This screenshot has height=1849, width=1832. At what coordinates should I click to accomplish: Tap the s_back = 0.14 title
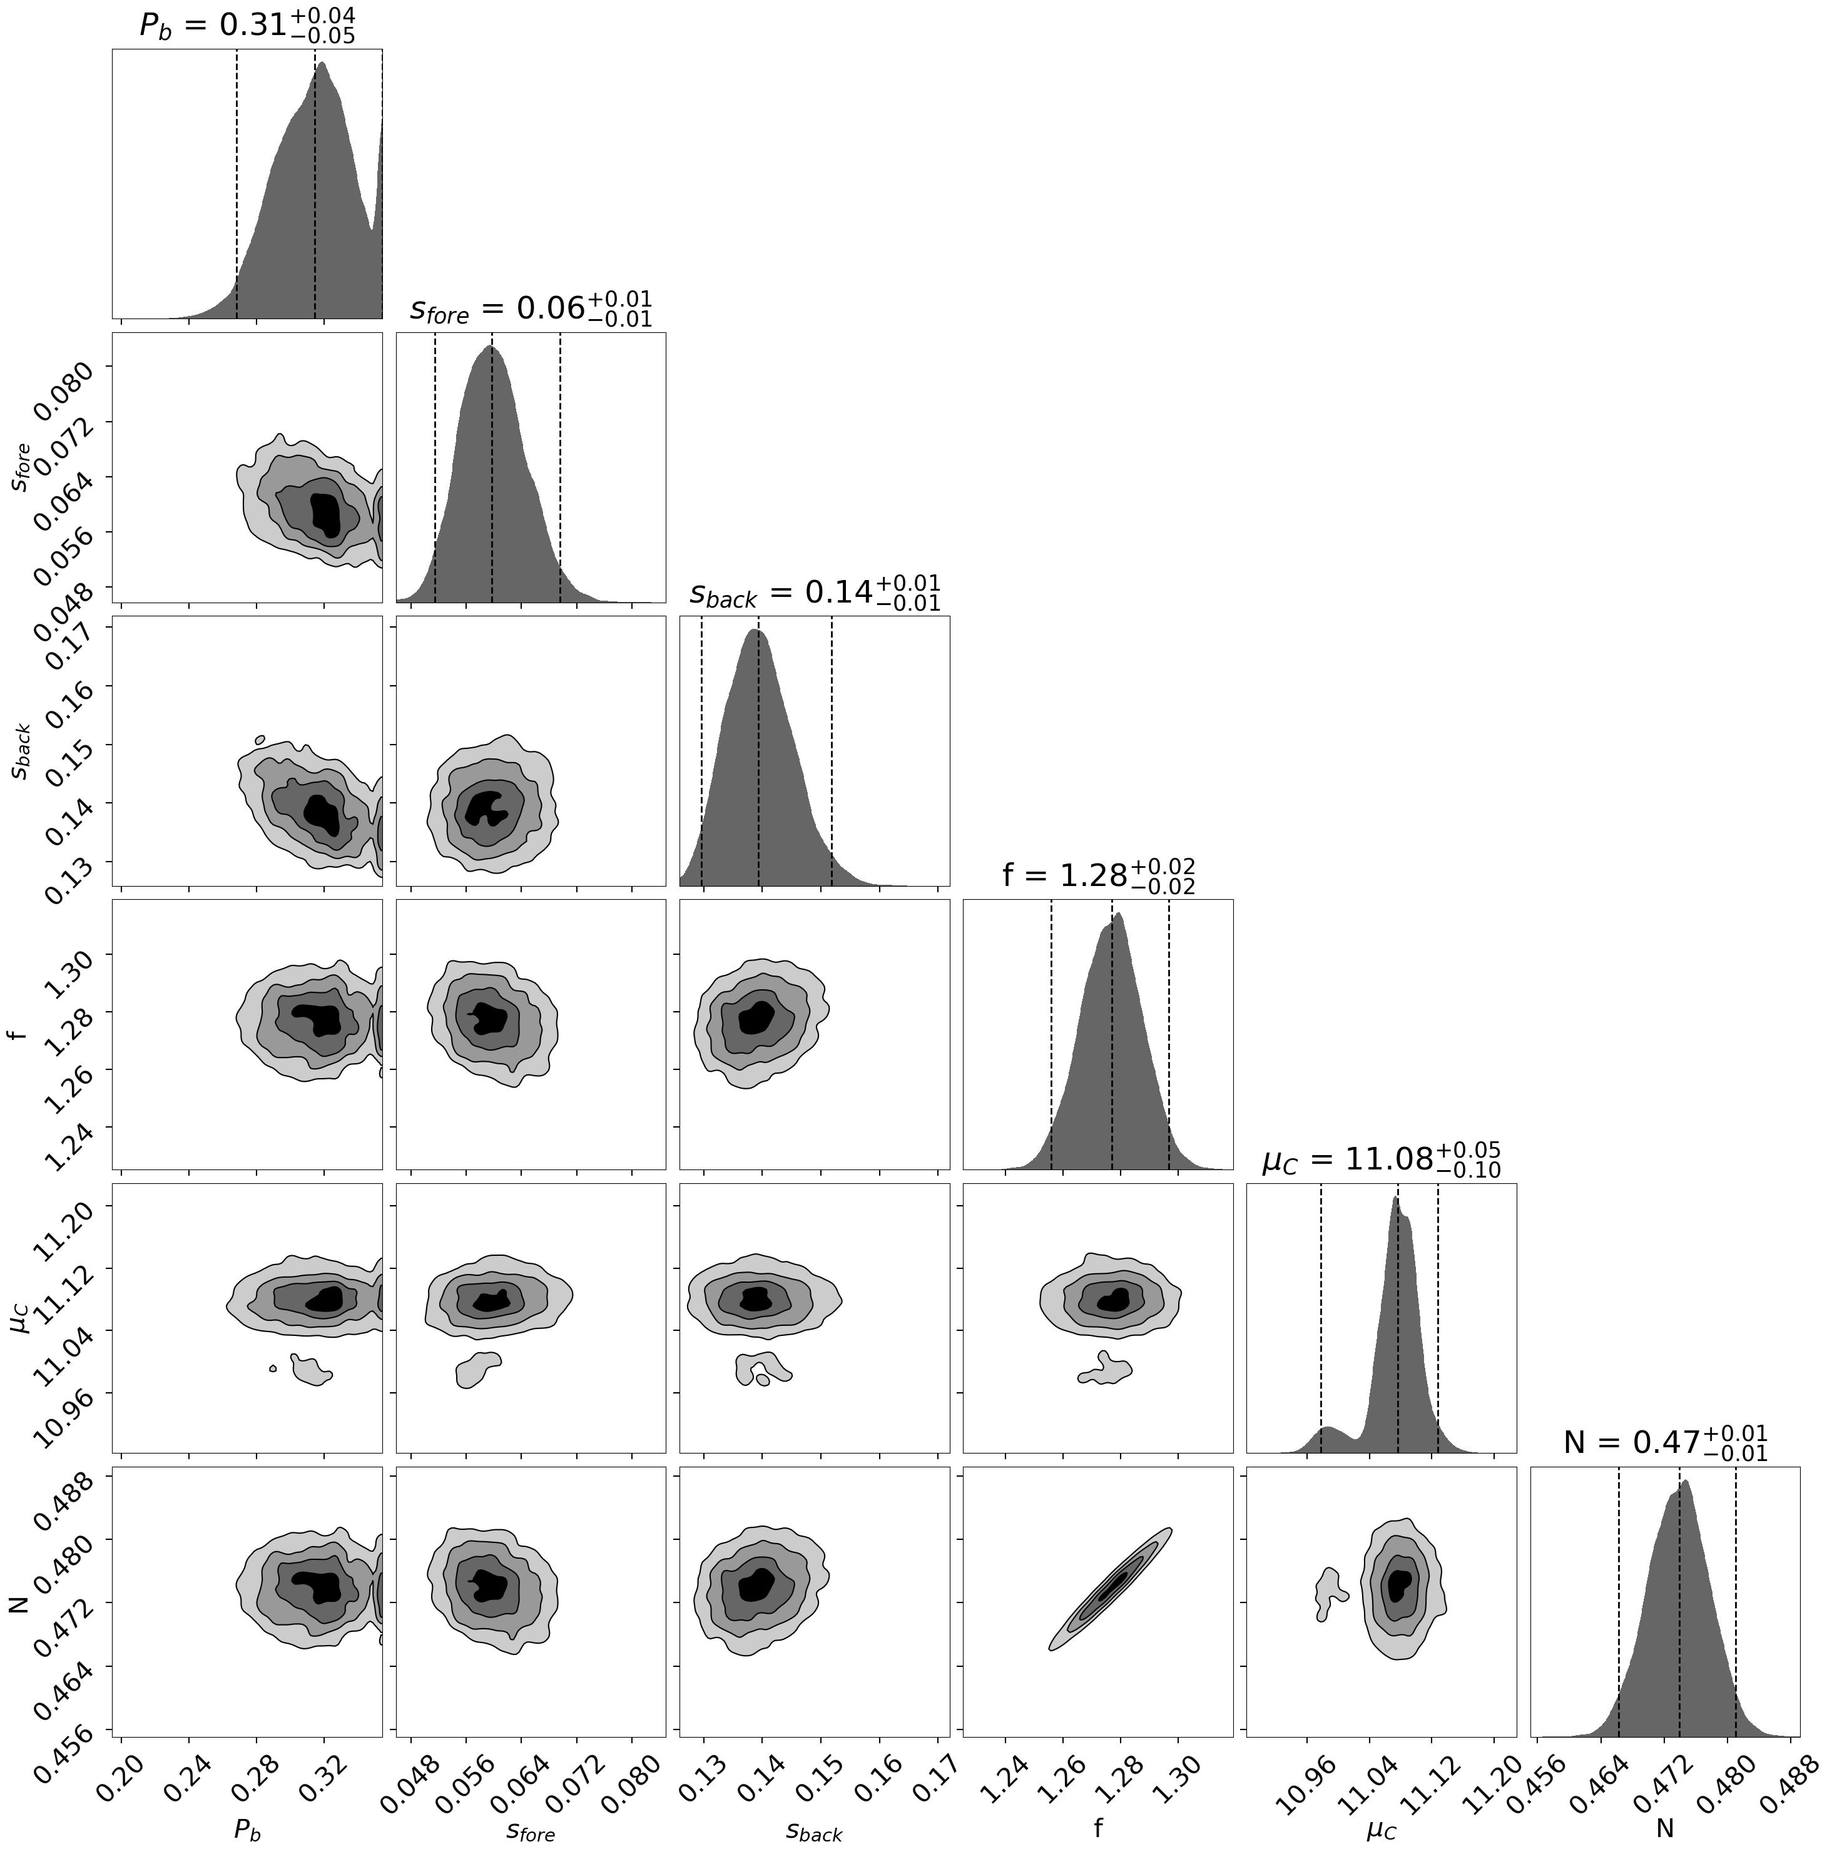pyautogui.click(x=815, y=593)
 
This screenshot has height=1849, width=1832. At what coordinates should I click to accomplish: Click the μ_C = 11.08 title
pyautogui.click(x=1381, y=1160)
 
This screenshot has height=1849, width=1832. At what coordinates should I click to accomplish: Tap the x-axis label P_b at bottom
pyautogui.click(x=247, y=1830)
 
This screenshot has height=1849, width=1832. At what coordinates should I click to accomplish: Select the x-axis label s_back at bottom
pyautogui.click(x=815, y=1830)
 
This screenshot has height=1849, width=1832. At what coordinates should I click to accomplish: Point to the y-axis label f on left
pyautogui.click(x=13, y=1034)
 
